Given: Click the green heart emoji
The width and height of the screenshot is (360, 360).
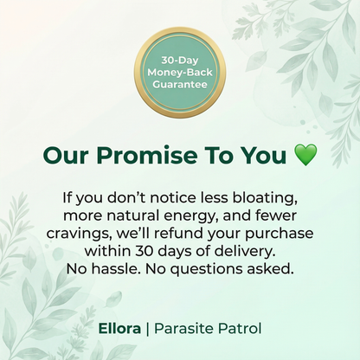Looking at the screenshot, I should [x=305, y=156].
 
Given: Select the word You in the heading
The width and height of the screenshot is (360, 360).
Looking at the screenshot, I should [x=266, y=156].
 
